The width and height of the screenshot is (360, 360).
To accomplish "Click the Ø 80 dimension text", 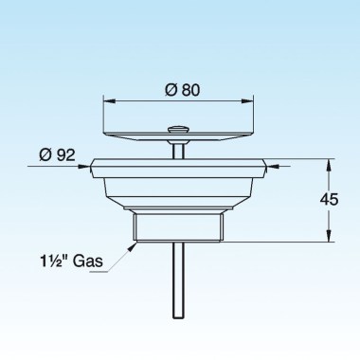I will point(180,91).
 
